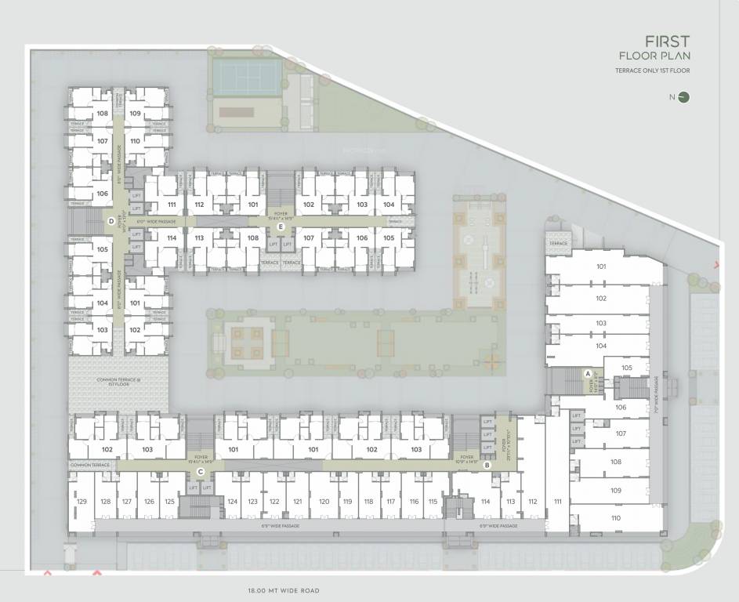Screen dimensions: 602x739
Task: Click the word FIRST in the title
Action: (667, 41)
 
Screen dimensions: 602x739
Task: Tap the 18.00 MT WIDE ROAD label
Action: (284, 590)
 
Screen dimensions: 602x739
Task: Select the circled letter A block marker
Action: (588, 373)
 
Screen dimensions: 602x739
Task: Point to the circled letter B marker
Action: (487, 465)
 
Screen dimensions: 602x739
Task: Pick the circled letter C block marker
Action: (201, 472)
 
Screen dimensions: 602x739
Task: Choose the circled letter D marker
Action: (112, 222)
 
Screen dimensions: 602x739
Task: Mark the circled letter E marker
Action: (281, 227)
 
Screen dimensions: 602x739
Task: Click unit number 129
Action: (82, 502)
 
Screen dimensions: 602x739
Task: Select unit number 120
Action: (324, 502)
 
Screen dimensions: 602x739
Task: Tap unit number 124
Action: (232, 502)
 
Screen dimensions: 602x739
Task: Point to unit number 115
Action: (433, 502)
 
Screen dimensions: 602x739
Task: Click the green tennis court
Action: (248, 77)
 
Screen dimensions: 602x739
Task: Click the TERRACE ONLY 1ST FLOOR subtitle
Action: (653, 71)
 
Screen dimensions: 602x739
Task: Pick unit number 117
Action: (390, 502)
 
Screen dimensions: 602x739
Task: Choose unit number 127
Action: (126, 502)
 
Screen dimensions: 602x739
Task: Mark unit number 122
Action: (274, 502)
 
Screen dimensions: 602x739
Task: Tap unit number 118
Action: (368, 502)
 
